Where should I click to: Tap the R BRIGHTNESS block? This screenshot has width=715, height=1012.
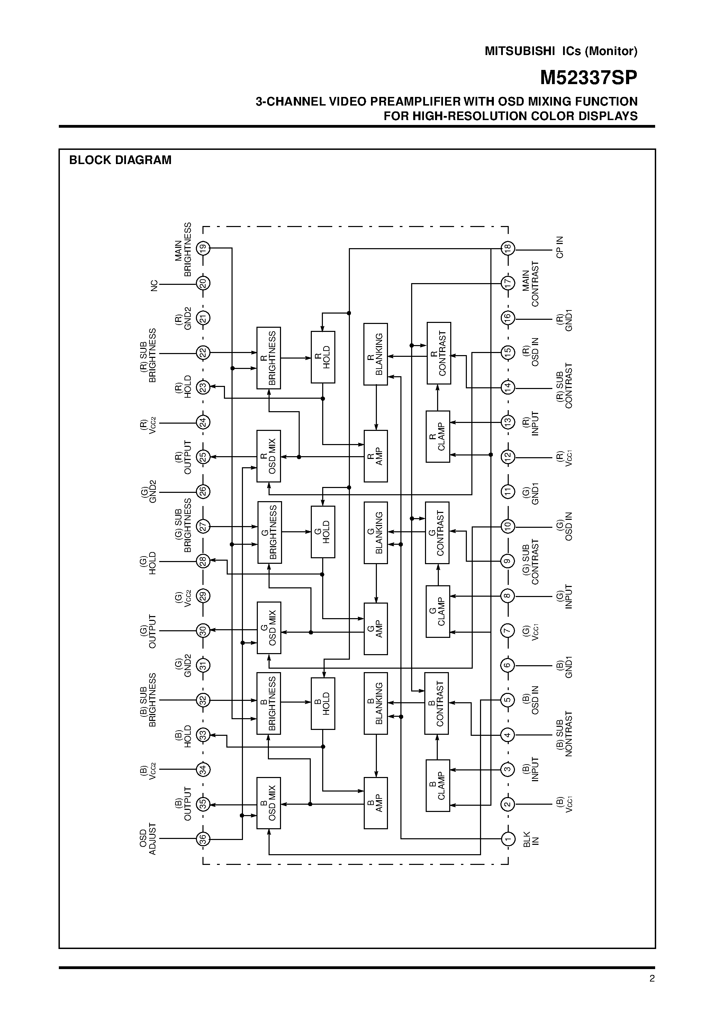[269, 358]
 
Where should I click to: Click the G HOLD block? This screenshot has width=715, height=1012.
[323, 532]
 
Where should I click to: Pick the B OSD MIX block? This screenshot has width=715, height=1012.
[269, 803]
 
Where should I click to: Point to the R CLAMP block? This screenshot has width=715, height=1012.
[438, 436]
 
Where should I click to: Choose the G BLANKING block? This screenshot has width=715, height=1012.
[375, 532]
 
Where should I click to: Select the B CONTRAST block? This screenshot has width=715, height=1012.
[436, 704]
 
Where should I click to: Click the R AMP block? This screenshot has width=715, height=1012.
[375, 456]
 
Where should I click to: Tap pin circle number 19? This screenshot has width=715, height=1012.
[203, 248]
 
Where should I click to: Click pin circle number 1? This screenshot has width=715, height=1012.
[507, 839]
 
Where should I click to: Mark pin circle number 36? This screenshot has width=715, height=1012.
[203, 839]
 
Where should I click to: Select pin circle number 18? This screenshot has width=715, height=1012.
[507, 248]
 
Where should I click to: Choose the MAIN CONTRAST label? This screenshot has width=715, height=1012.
[530, 284]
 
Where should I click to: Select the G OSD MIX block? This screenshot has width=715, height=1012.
[269, 627]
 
